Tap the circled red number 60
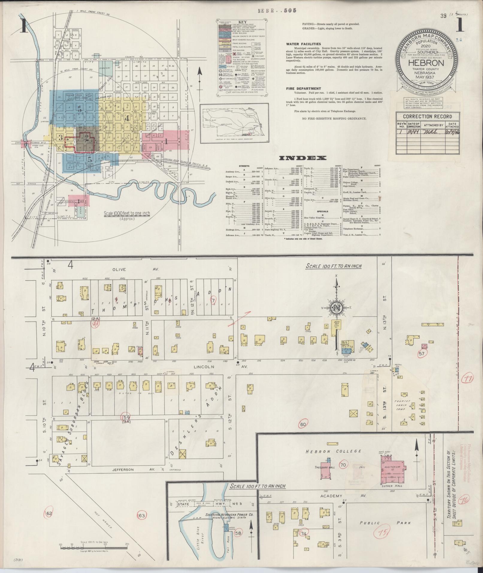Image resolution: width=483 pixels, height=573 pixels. coord(303,424)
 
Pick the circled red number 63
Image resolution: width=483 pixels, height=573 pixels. coord(141,515)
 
